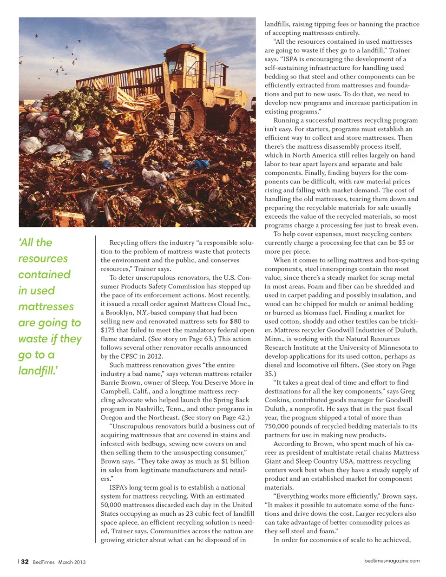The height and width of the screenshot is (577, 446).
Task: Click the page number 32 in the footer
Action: click(25, 562)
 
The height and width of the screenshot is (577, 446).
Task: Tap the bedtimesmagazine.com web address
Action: click(392, 561)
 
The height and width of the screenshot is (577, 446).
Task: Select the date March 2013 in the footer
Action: click(72, 562)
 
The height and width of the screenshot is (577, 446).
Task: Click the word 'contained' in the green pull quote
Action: click(44, 275)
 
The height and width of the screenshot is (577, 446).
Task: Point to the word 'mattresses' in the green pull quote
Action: click(46, 307)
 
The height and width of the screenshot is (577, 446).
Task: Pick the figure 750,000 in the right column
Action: click(278, 426)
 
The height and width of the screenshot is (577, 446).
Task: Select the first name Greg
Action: click(407, 391)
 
